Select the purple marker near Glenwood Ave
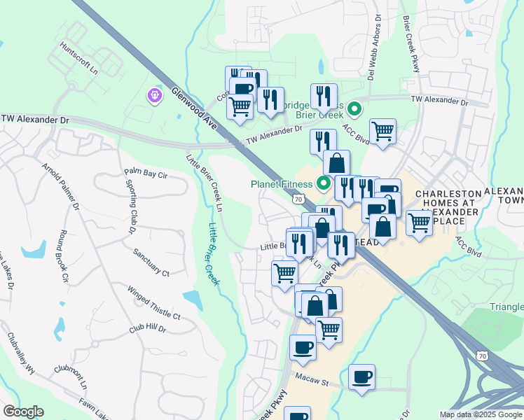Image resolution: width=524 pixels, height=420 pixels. pos(154,94)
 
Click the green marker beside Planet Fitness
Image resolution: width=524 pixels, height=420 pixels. pos(324,185)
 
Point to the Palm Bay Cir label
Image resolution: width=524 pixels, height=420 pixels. pos(146,172)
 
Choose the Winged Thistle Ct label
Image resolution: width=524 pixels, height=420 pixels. pos(153,302)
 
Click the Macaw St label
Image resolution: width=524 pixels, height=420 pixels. pos(315,382)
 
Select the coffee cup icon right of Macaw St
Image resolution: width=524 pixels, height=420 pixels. pos(361,377)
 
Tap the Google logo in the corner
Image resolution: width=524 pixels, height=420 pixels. pos(23,412)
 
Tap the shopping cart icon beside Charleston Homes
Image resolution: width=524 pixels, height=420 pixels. pos(419,223)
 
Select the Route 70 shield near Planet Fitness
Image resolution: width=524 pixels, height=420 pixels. pos(299,199)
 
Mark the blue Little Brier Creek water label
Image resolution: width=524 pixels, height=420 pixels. pos(214,253)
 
